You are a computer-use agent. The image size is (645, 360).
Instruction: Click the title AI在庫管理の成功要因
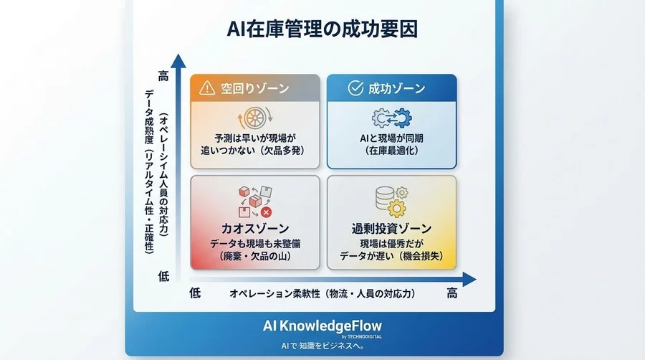click(x=322, y=29)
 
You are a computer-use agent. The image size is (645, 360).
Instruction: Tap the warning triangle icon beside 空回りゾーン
click(x=207, y=89)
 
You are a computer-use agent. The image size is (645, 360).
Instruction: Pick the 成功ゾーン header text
click(x=396, y=89)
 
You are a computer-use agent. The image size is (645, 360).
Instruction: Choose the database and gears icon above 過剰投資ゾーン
click(x=391, y=201)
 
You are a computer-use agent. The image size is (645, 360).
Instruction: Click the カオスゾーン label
click(x=254, y=229)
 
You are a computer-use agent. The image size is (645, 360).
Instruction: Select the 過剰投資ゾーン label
click(x=391, y=229)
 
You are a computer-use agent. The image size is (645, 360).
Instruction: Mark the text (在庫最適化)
click(x=391, y=151)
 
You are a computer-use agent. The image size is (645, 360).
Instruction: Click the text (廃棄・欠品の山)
click(x=254, y=257)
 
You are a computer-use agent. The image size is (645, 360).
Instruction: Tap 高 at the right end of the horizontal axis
click(x=451, y=293)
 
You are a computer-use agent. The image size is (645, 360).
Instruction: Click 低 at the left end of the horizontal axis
click(x=195, y=293)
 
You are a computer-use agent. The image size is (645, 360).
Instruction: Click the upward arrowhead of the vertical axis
click(x=181, y=61)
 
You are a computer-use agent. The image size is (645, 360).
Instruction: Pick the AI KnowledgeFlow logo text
click(x=322, y=324)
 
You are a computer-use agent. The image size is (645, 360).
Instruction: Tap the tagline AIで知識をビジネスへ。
click(x=322, y=346)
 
